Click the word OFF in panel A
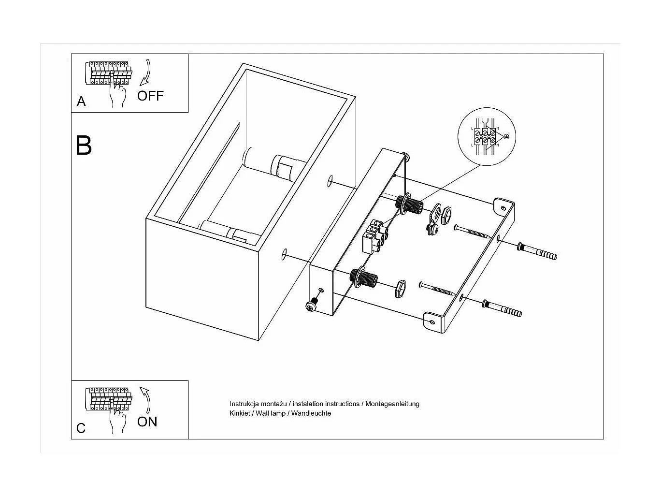[150, 96]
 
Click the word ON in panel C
[147, 422]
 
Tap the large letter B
[84, 145]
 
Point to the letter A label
[81, 102]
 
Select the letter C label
[81, 428]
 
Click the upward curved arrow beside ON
[145, 399]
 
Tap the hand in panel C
[117, 419]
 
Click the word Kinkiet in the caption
[240, 413]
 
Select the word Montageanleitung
[392, 404]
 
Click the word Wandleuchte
[311, 413]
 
